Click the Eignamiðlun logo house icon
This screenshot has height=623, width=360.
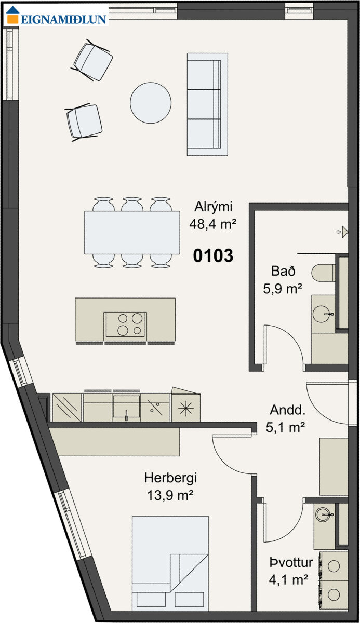tap(13, 15)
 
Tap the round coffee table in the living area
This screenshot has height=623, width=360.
tap(151, 103)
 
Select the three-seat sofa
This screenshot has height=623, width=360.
tap(207, 104)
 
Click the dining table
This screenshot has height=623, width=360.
tap(132, 233)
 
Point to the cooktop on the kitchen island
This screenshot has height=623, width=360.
tap(125, 324)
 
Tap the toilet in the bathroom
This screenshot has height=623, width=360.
tap(323, 273)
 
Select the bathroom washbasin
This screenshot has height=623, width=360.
tap(323, 314)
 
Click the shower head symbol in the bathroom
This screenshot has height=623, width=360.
tap(343, 232)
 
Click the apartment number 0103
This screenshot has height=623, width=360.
tap(213, 255)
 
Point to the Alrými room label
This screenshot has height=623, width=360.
tap(213, 207)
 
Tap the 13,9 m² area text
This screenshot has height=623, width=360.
tap(170, 495)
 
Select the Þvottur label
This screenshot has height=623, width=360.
tap(291, 562)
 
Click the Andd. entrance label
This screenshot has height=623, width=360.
tap(287, 410)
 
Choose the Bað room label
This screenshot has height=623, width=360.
tap(283, 271)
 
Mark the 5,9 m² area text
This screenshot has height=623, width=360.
tap(283, 289)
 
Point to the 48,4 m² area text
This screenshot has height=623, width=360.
tap(213, 224)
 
